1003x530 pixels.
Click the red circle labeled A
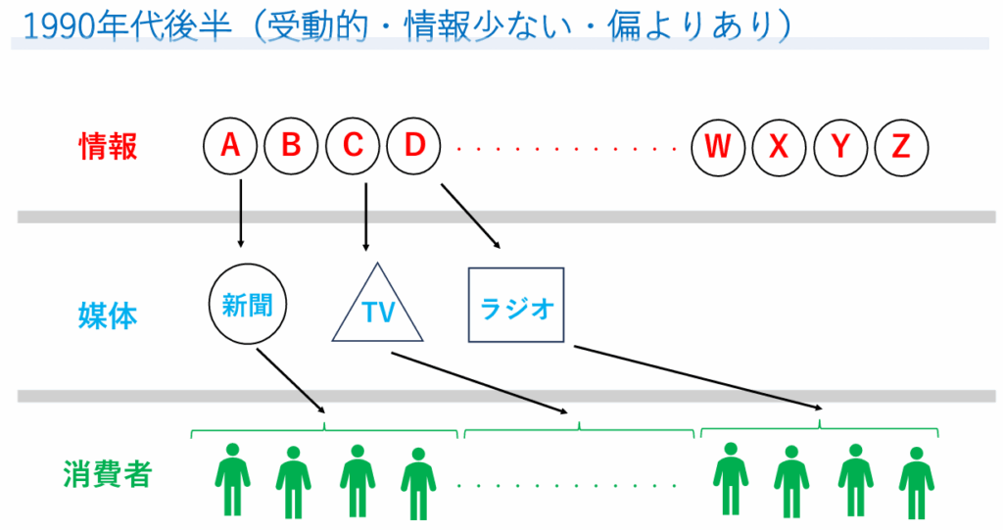pyautogui.click(x=230, y=148)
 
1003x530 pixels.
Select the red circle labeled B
pyautogui.click(x=291, y=148)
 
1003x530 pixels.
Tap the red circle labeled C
pyautogui.click(x=353, y=148)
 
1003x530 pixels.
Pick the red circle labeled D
pyautogui.click(x=414, y=148)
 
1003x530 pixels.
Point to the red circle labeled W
pyautogui.click(x=718, y=148)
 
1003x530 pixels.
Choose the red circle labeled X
pyautogui.click(x=779, y=148)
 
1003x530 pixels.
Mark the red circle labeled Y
pyautogui.click(x=840, y=148)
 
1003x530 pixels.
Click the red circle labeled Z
pyautogui.click(x=901, y=148)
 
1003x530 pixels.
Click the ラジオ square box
pyautogui.click(x=517, y=305)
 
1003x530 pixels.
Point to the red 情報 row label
pyautogui.click(x=108, y=147)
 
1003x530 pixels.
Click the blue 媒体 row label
pyautogui.click(x=108, y=315)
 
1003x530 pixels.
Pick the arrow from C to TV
pyautogui.click(x=365, y=216)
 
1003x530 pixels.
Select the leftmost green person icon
pyautogui.click(x=232, y=479)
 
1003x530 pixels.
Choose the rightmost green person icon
pyautogui.click(x=915, y=482)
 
